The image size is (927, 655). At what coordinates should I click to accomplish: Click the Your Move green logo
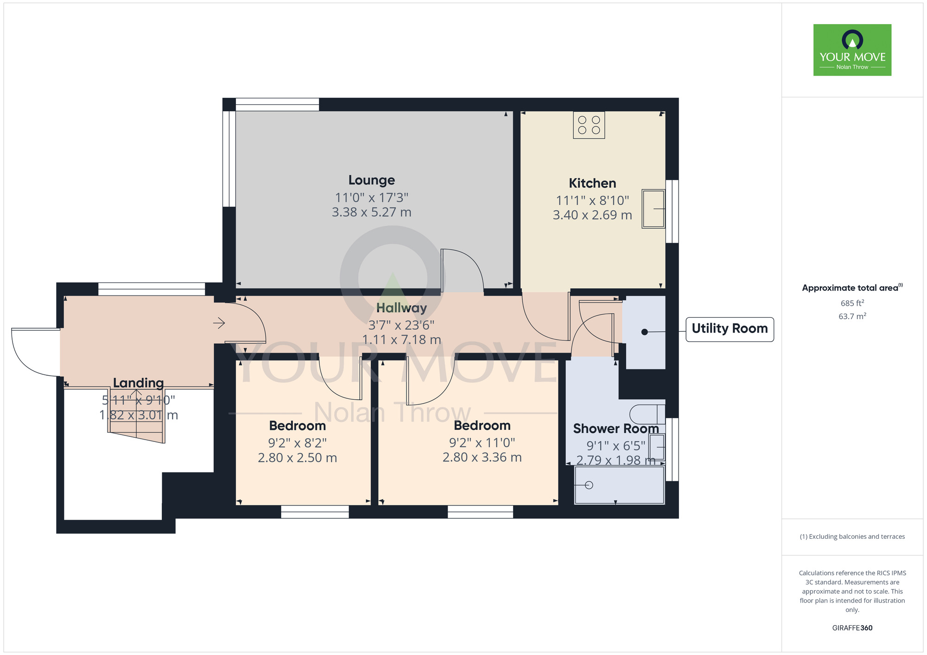[852, 50]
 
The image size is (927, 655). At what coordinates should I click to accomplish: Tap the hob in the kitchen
[589, 125]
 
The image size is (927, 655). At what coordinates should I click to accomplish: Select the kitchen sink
[653, 208]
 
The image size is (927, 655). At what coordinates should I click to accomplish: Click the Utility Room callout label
[730, 329]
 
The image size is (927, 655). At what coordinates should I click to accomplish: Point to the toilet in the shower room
[648, 414]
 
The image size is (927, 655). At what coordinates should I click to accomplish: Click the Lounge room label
[372, 180]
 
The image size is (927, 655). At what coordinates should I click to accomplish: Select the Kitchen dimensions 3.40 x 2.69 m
[592, 215]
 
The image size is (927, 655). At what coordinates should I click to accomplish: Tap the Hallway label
[401, 308]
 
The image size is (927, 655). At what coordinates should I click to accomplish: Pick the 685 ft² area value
[852, 303]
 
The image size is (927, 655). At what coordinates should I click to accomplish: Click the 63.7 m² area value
[852, 316]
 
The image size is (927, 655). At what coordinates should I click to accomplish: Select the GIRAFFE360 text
[852, 628]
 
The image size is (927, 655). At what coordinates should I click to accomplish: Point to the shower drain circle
[589, 485]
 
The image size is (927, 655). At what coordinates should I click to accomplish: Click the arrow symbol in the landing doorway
[219, 323]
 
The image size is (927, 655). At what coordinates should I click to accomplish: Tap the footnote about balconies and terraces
[852, 536]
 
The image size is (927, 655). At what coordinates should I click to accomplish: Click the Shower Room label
[616, 429]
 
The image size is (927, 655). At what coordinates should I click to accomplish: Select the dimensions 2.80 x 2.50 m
[297, 458]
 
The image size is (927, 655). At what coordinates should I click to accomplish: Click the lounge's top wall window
[277, 105]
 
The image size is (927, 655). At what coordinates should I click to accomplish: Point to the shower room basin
[657, 447]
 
